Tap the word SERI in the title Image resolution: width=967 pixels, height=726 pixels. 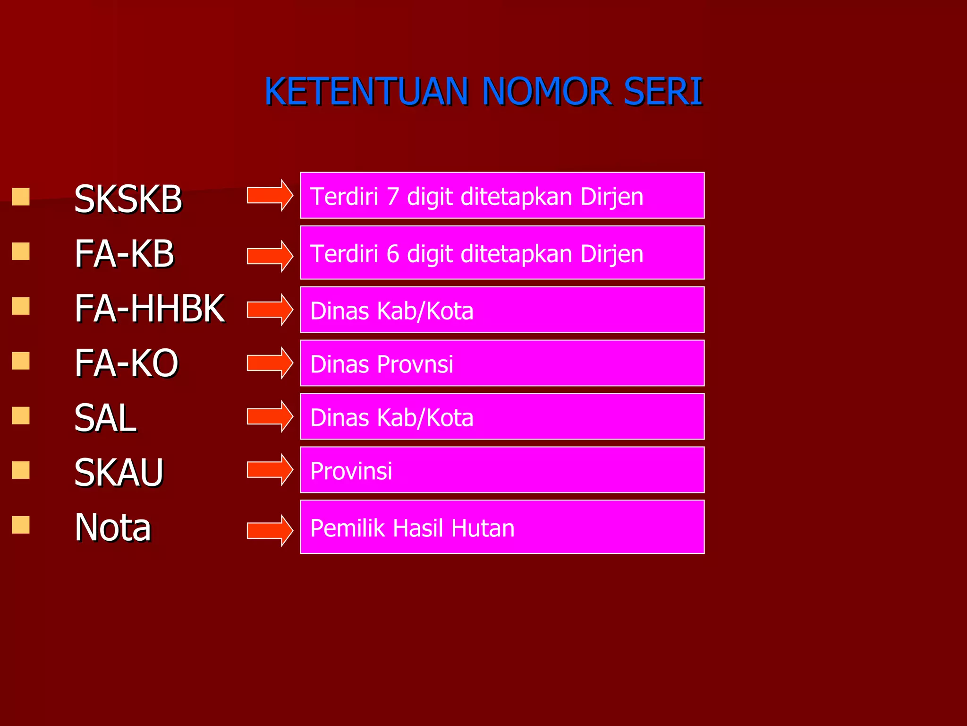point(663,91)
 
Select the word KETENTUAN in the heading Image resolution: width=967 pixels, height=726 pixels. point(366,91)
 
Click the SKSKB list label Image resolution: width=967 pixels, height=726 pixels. point(128,199)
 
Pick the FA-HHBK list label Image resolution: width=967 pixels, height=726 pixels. point(150,309)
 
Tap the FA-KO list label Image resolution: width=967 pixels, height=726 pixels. point(127,363)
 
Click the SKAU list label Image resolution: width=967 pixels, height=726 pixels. point(119,473)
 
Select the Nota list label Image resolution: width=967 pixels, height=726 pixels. point(113,527)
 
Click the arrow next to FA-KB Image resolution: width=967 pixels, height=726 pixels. point(270,256)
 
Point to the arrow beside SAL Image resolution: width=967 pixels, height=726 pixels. point(270,416)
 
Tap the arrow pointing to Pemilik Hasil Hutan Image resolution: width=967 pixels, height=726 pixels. point(270,530)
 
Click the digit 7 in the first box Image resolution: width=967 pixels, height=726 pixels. point(393,197)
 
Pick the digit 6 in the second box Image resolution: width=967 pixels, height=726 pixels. point(393,254)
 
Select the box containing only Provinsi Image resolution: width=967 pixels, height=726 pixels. point(502,470)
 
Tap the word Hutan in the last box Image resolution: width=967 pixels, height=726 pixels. point(483,528)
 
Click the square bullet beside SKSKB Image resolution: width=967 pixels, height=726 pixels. point(21,197)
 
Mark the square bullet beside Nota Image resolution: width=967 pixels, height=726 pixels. point(21,525)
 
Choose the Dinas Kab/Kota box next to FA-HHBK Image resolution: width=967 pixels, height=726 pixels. point(502,310)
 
